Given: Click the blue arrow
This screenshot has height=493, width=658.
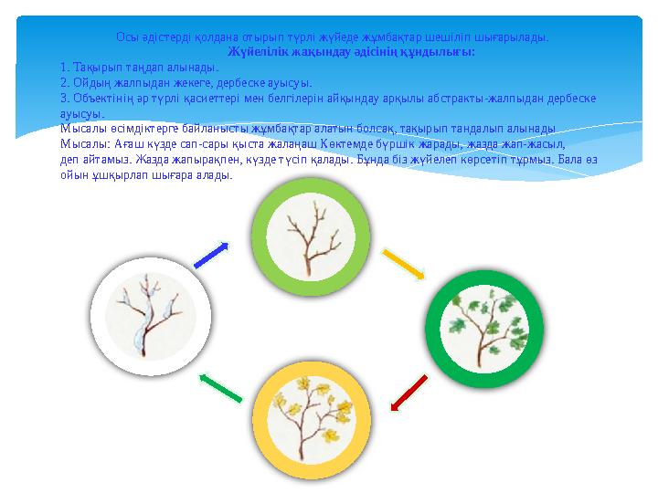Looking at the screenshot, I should click(x=211, y=255).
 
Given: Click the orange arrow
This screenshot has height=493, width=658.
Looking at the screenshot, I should click(x=402, y=264).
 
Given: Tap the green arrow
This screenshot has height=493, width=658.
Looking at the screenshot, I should click(x=219, y=387).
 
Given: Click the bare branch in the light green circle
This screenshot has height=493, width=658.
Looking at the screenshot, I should click(x=304, y=236).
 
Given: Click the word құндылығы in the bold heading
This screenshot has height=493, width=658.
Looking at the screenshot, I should click(x=444, y=53).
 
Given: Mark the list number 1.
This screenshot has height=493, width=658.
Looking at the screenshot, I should click(x=63, y=68).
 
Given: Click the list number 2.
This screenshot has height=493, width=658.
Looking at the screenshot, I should click(x=63, y=82).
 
